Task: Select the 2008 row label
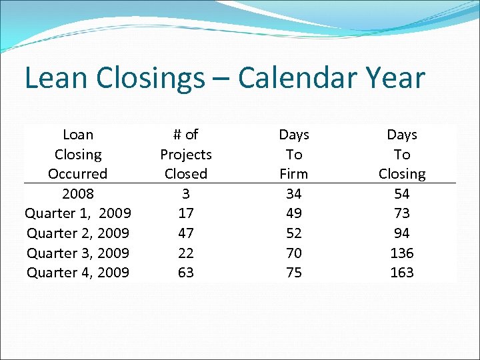[x=78, y=194]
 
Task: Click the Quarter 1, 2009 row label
[x=78, y=213]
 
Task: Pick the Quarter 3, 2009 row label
[x=78, y=253]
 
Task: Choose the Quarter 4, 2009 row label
[x=78, y=273]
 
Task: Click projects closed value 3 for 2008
[x=186, y=194]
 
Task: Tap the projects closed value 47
[x=186, y=233]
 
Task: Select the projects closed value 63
[x=186, y=273]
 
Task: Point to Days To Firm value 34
[x=294, y=194]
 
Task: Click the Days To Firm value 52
[x=294, y=233]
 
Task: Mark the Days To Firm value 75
[x=294, y=273]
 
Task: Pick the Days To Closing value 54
[x=402, y=194]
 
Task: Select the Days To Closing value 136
[x=402, y=253]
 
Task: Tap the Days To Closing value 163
[x=402, y=273]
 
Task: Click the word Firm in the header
[x=294, y=174]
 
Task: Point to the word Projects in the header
[x=186, y=155]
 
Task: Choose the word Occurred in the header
[x=78, y=174]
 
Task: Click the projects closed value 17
[x=186, y=213]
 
